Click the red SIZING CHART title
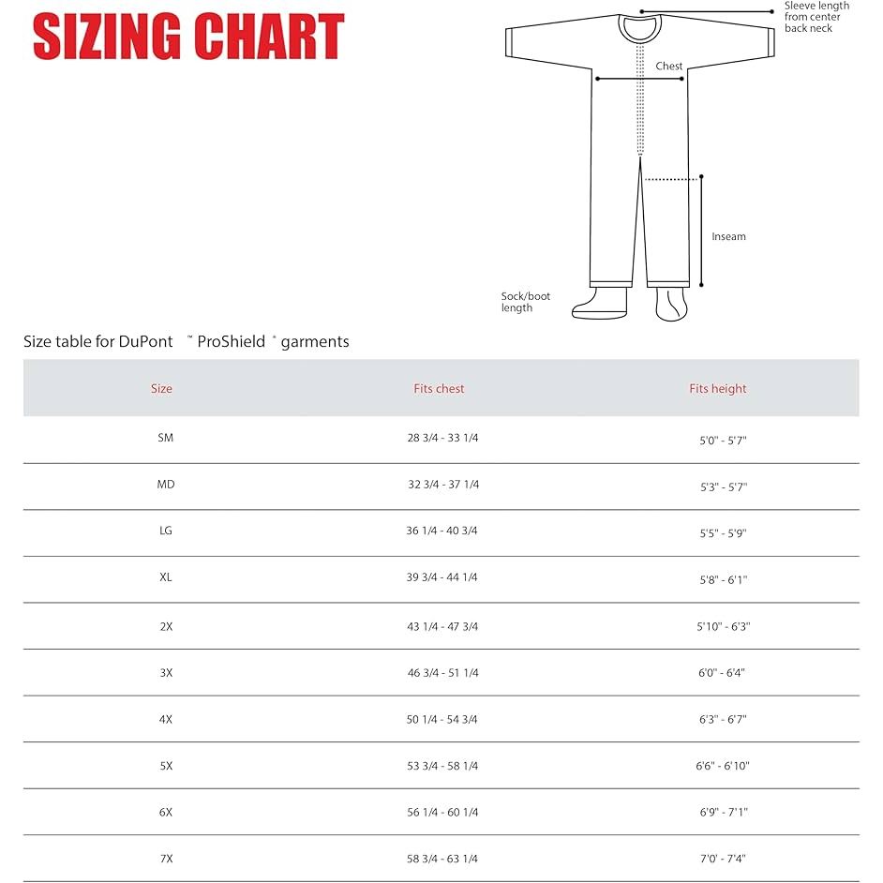[188, 37]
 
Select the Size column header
[161, 388]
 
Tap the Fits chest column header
[439, 388]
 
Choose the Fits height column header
[718, 388]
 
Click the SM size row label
[166, 438]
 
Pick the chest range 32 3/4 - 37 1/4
[442, 485]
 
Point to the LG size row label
[166, 531]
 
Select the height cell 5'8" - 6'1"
[724, 580]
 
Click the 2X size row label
[166, 626]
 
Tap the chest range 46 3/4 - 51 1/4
[442, 672]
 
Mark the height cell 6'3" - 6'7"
[723, 720]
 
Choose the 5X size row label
[166, 766]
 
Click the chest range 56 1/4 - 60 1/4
[442, 813]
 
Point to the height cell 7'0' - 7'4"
[723, 859]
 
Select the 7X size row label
[166, 859]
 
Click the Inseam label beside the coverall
[728, 236]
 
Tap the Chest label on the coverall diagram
[669, 67]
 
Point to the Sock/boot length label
[525, 302]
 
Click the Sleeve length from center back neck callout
[816, 17]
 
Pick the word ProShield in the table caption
[231, 342]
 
